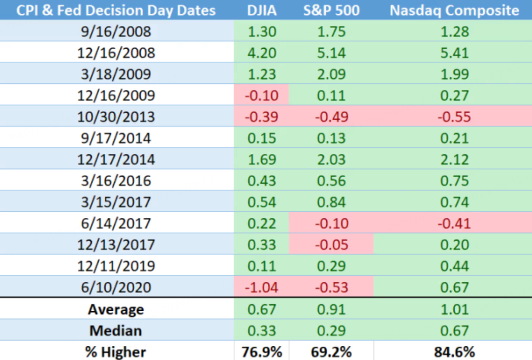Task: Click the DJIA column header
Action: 262,10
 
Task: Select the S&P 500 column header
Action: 331,10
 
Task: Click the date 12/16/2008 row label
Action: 116,53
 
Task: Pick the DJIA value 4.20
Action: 262,53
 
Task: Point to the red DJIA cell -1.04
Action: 262,288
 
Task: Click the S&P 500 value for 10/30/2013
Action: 331,117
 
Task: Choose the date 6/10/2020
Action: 116,288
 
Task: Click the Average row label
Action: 116,309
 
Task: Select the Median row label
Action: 116,331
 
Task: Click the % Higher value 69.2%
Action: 331,352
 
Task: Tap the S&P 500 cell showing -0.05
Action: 331,245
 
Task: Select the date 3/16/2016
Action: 116,181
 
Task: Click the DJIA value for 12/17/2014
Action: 262,159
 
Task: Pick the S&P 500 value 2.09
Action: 331,74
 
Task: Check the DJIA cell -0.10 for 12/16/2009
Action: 262,95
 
